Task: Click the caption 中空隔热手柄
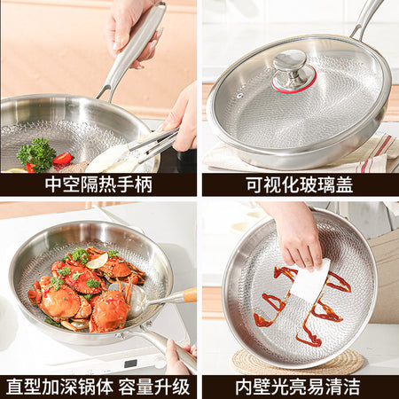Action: tap(98, 184)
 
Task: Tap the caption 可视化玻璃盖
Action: tap(300, 185)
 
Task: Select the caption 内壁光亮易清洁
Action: tap(298, 387)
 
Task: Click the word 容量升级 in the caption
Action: tap(154, 387)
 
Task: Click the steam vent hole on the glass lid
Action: tap(239, 96)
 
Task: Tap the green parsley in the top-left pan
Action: tap(36, 153)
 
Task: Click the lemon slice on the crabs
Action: tap(98, 262)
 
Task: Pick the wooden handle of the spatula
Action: tap(189, 294)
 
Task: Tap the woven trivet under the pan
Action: tap(297, 362)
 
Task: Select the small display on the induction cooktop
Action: tap(130, 364)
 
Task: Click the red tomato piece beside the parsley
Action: tap(62, 159)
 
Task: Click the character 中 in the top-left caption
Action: tap(53, 184)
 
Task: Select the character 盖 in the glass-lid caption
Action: tap(345, 185)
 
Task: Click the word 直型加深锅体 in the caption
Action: tap(59, 387)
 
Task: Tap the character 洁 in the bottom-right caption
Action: tap(352, 387)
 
